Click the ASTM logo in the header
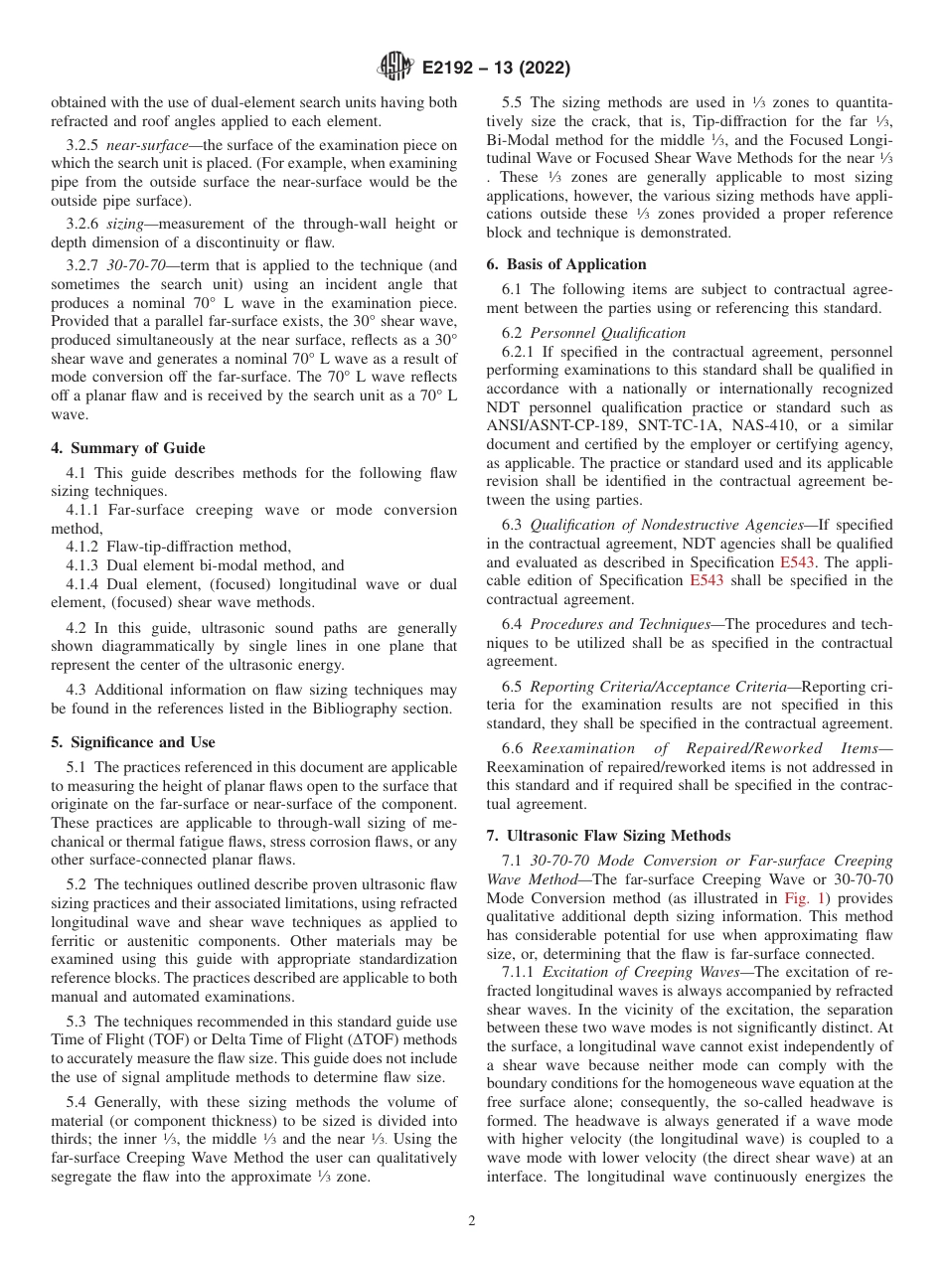tap(395, 68)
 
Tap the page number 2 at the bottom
tap(472, 1221)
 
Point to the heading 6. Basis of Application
tap(566, 264)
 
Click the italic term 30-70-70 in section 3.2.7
tap(137, 265)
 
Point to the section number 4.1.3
tap(83, 565)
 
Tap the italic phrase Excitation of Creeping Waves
tap(634, 972)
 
